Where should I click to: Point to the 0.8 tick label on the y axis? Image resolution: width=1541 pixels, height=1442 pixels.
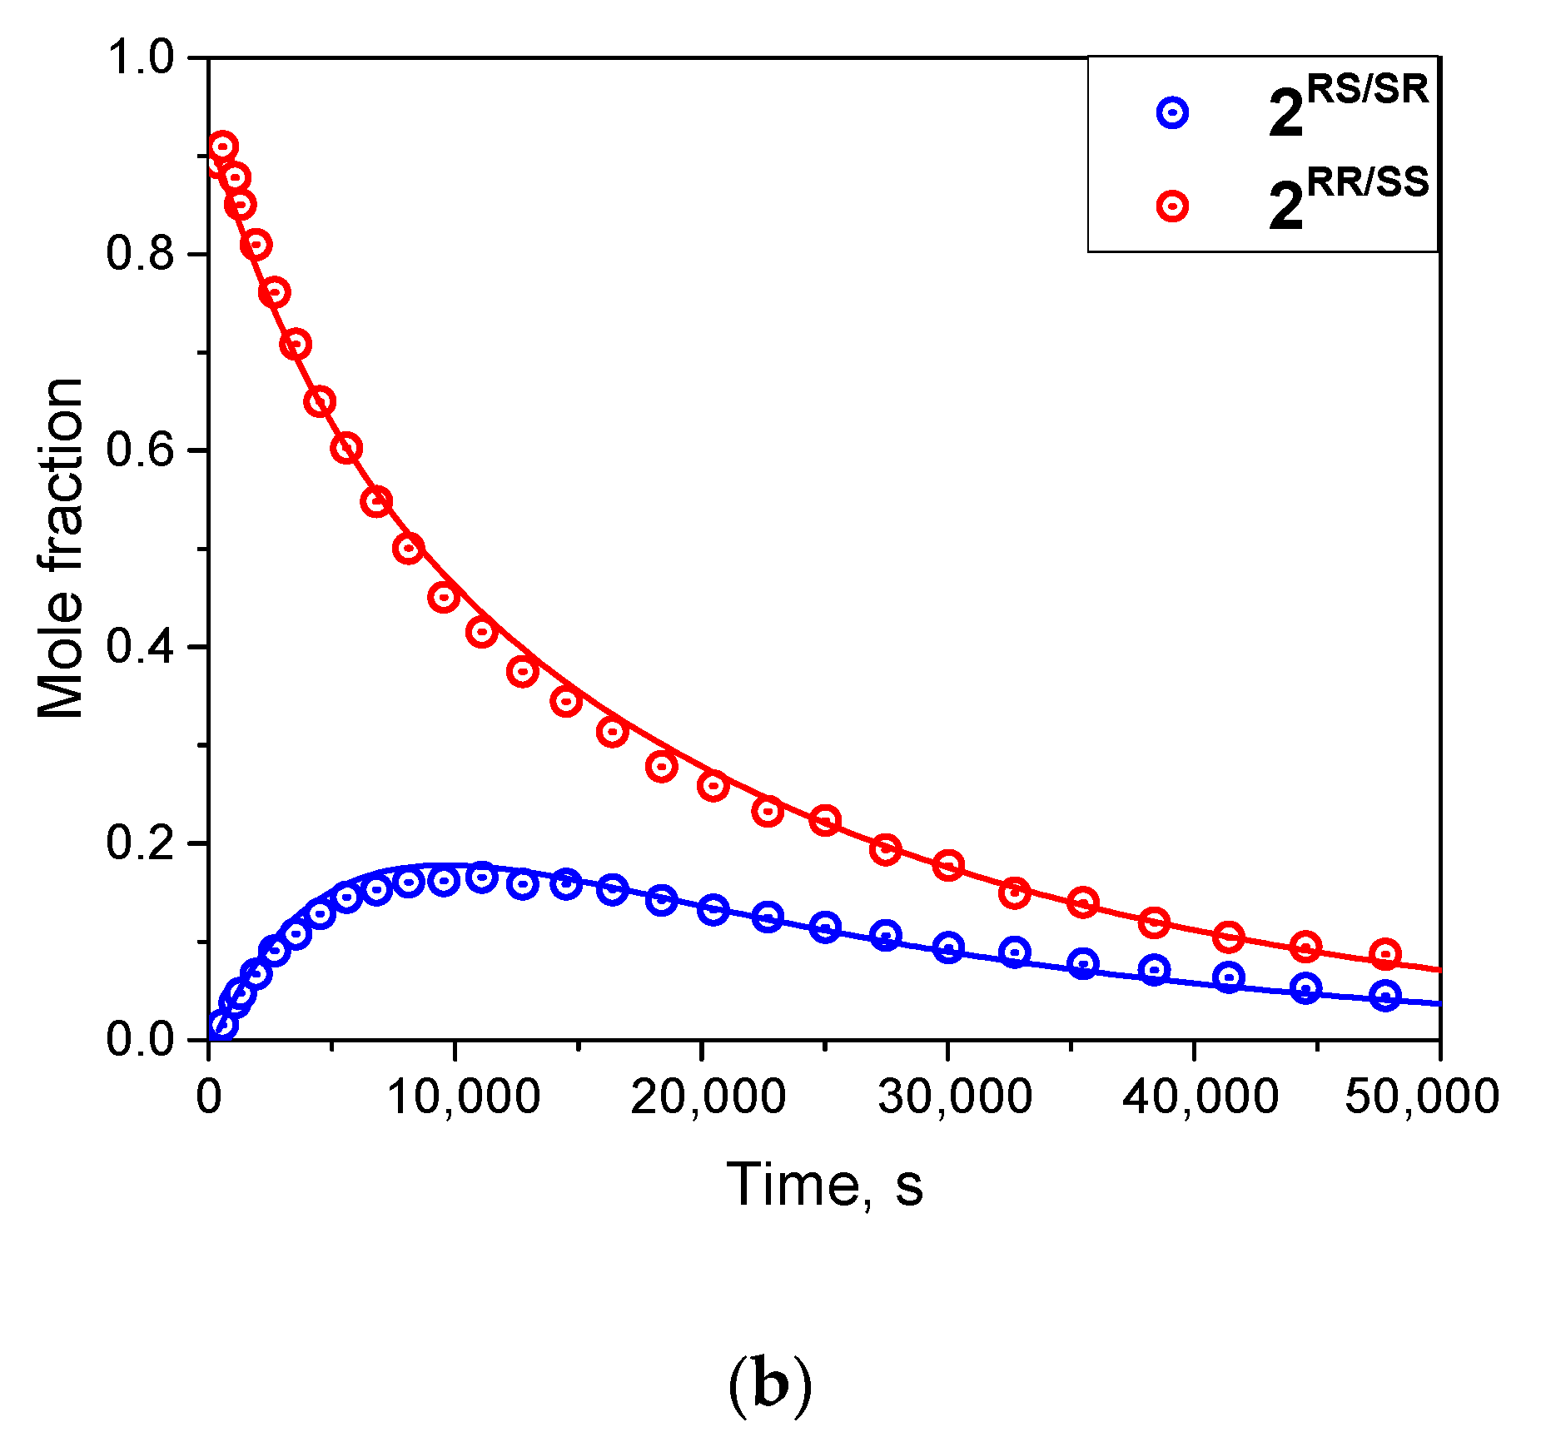pos(139,254)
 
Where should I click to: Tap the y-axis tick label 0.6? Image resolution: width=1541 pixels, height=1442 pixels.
pos(139,450)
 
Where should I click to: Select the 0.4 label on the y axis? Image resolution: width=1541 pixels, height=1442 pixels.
pos(139,647)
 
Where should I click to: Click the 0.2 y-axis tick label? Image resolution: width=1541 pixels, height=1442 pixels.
pos(139,843)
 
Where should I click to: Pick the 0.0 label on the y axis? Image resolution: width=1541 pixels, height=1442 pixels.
pos(139,1040)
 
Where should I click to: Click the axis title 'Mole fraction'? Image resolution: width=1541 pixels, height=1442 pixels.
pos(60,549)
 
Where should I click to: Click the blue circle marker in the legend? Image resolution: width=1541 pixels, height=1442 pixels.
pos(1172,112)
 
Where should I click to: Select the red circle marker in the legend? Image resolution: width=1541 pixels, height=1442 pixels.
pos(1172,206)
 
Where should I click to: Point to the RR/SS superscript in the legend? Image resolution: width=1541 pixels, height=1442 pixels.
pos(1367,181)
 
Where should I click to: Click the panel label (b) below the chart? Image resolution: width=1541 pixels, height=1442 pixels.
pos(769,1385)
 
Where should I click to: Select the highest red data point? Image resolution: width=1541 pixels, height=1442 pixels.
pos(222,148)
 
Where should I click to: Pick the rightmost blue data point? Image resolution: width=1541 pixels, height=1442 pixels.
pos(1385,996)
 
